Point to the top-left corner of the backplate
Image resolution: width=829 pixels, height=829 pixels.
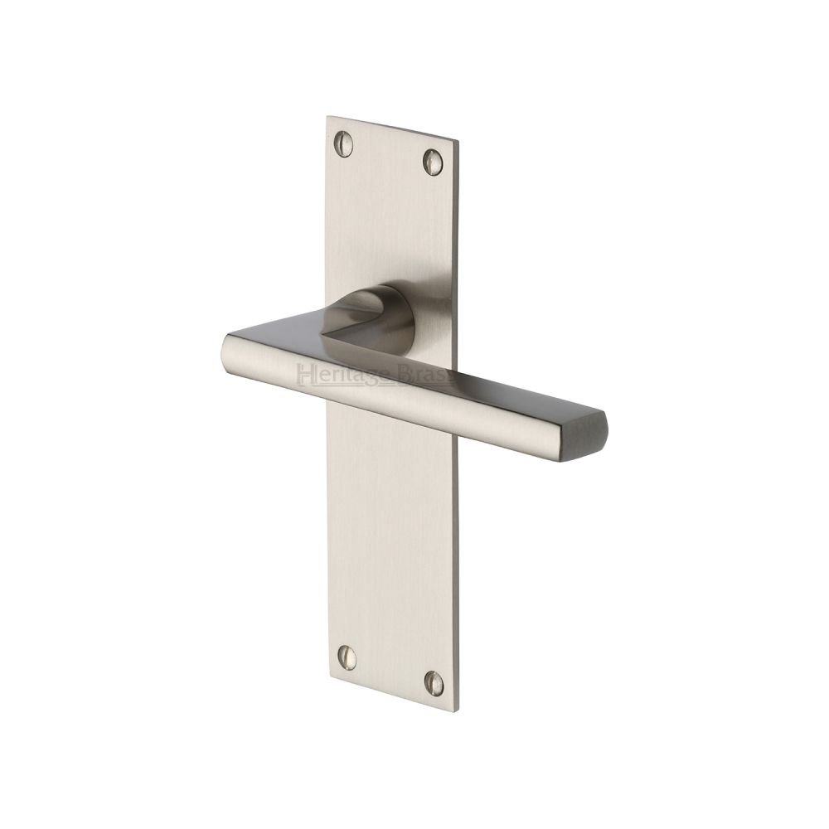coord(327,117)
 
